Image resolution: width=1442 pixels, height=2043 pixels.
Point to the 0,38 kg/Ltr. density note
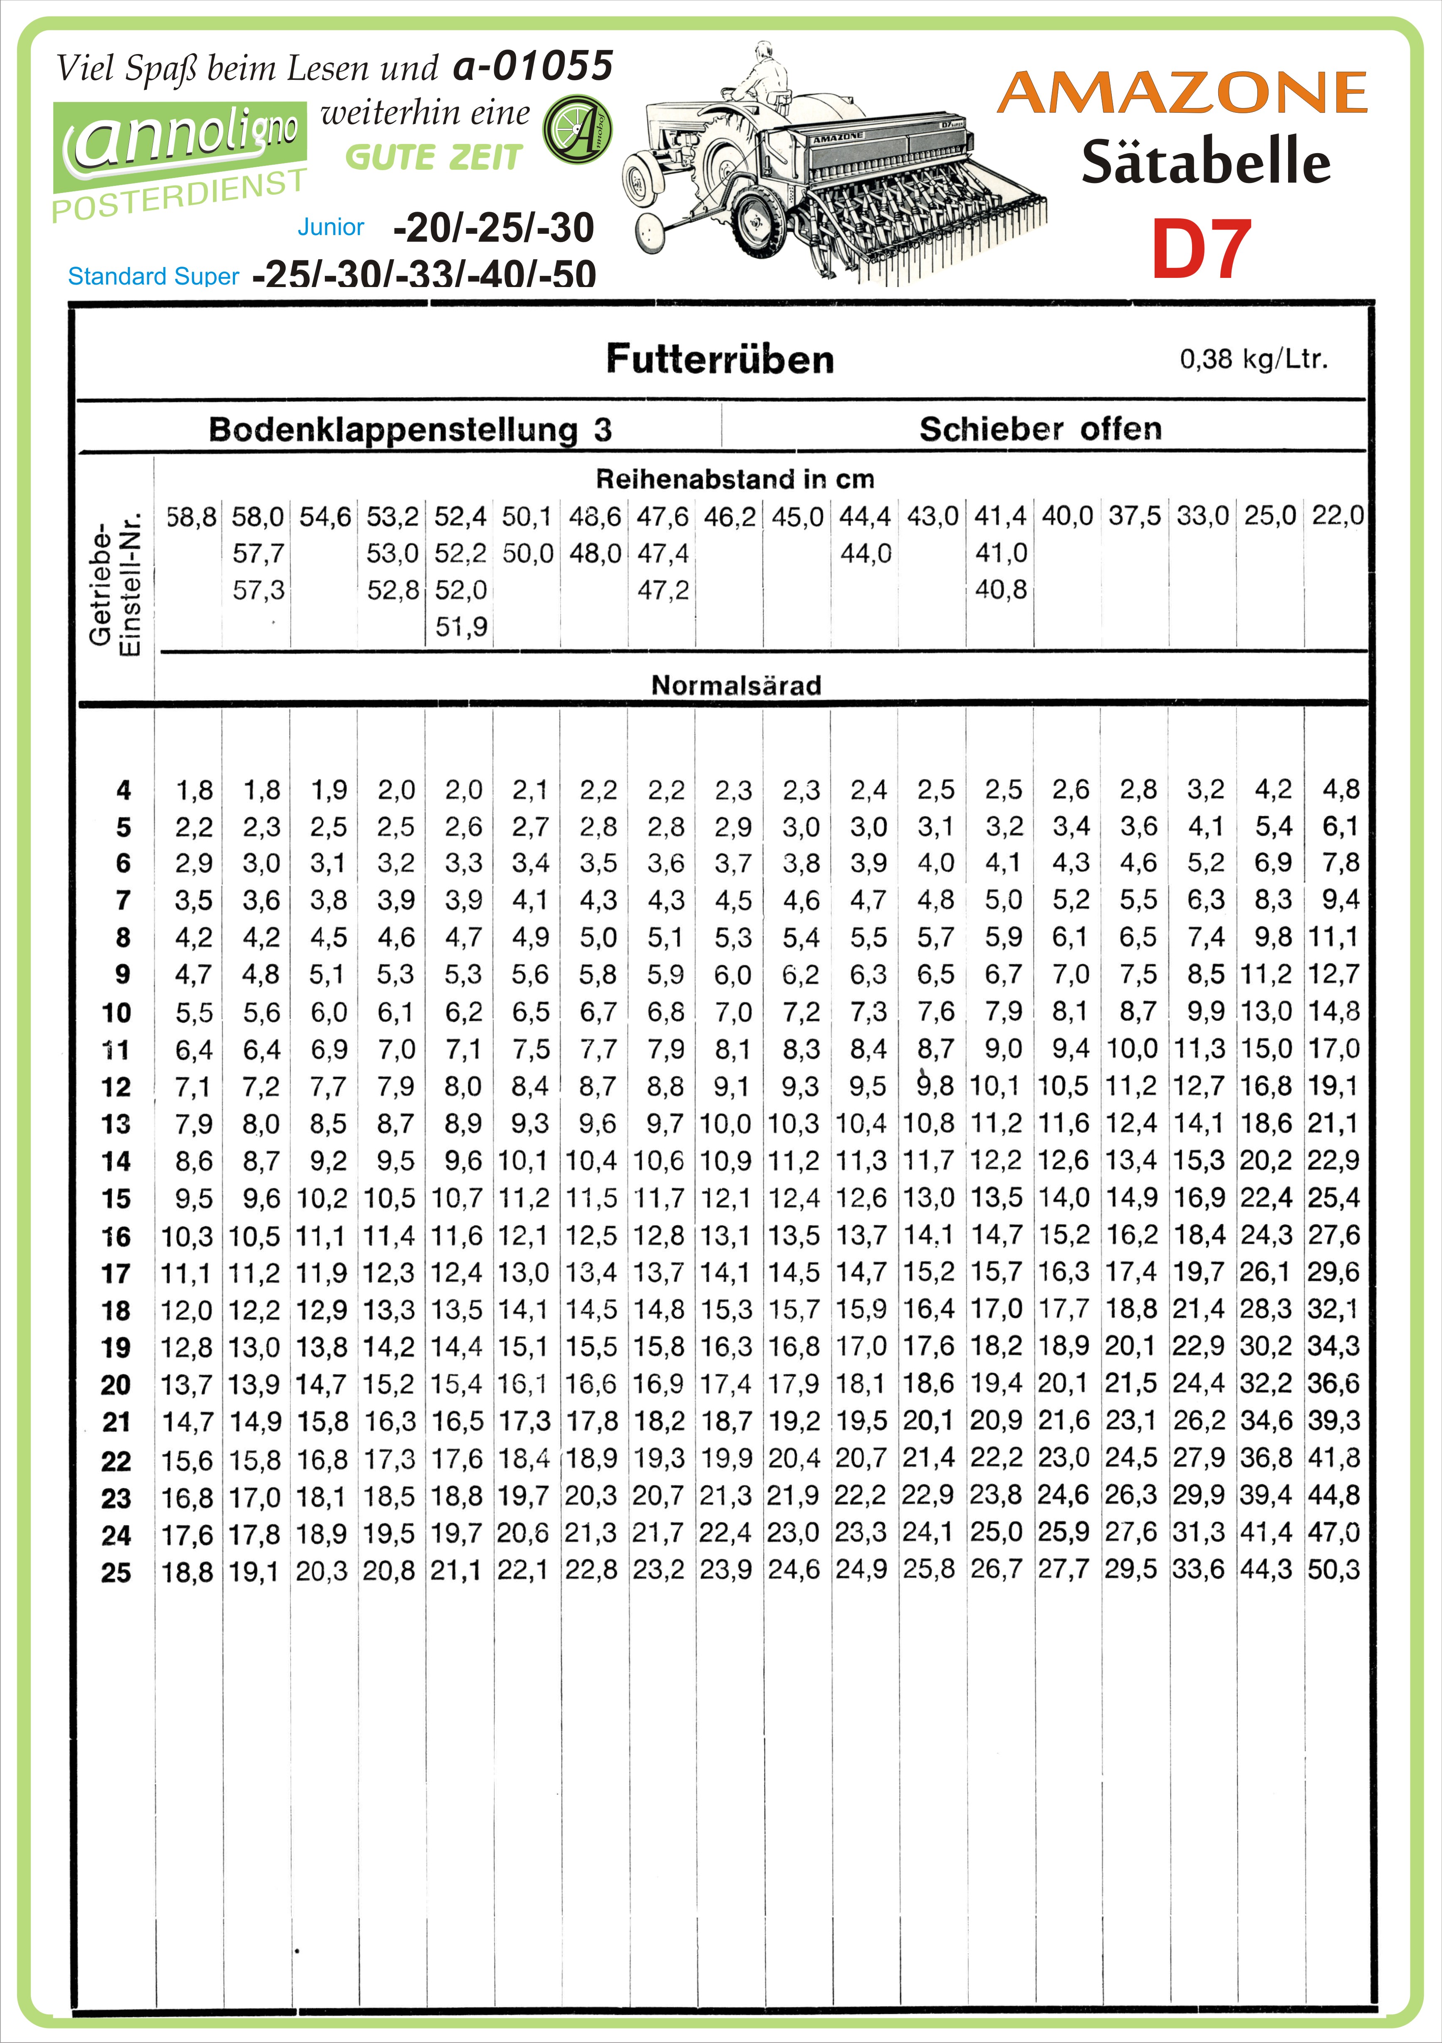[x=1254, y=359]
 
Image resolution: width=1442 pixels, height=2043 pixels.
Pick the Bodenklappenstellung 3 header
[x=410, y=430]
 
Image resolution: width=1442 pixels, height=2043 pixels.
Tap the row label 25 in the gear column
[x=116, y=1572]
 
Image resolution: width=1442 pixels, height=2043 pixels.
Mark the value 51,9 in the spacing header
[x=461, y=627]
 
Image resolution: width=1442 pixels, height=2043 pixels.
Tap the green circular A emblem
[x=577, y=130]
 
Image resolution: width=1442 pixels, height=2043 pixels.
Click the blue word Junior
[x=331, y=227]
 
